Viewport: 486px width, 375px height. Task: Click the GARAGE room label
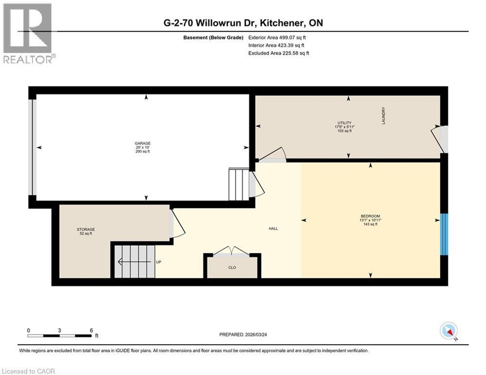tap(143, 144)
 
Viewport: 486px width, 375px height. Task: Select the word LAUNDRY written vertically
tap(384, 116)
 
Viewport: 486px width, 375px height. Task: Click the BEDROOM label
tap(370, 216)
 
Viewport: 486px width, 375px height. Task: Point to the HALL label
tap(273, 229)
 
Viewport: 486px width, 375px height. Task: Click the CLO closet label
tap(232, 268)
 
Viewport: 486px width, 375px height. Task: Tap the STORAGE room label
tap(85, 229)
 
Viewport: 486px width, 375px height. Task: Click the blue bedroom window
tap(444, 234)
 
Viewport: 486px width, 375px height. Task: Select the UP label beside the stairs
tap(158, 262)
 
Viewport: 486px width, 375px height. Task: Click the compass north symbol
tap(448, 331)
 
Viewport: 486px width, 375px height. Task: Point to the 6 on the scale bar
tap(91, 331)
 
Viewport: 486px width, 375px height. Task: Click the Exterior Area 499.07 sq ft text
tap(277, 37)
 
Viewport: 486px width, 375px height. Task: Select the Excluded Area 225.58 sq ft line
tap(278, 53)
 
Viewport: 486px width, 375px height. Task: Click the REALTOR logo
tap(28, 33)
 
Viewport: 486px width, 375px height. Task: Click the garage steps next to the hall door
tap(238, 184)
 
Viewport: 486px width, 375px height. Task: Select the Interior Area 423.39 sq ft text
tap(277, 45)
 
